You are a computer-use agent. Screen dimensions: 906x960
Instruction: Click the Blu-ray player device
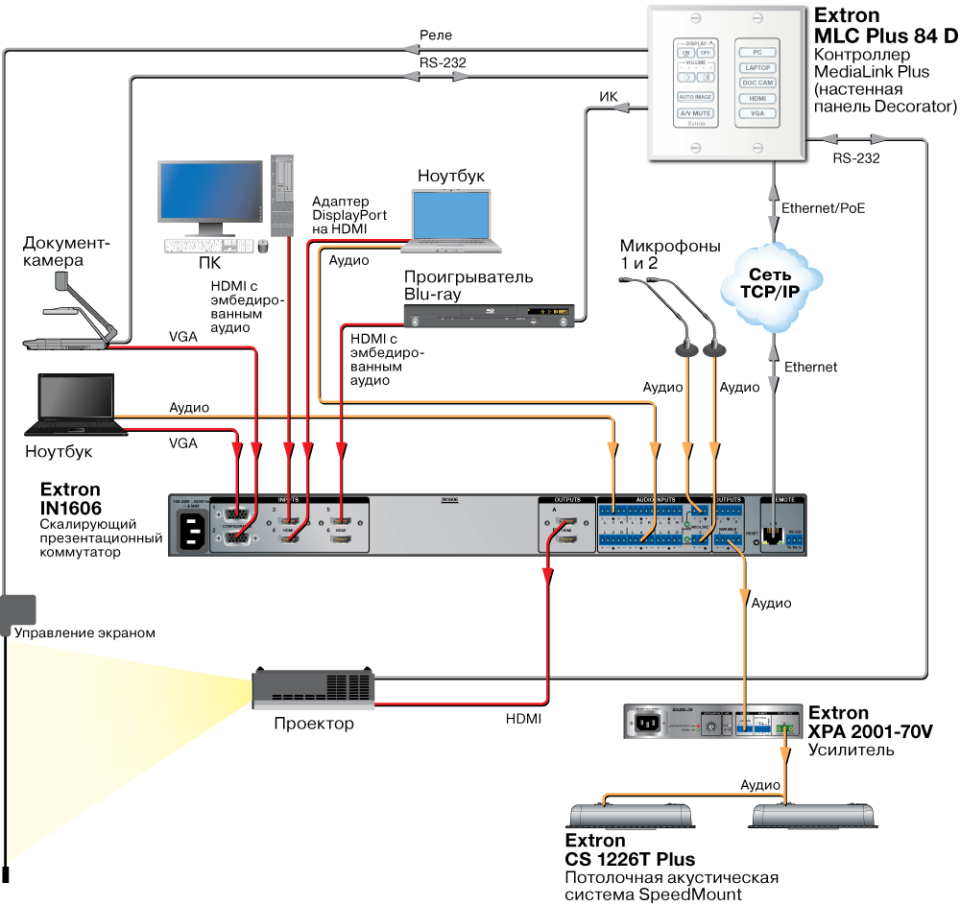490,313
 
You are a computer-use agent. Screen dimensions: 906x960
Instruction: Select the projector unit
312,689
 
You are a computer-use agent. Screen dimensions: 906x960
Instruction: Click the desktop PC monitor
210,197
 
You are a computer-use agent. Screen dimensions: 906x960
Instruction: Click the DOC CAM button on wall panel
757,83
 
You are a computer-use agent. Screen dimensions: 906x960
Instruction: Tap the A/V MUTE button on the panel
694,113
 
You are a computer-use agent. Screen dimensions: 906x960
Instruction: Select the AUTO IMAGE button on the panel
694,97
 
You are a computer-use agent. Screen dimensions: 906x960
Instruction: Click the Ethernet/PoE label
823,207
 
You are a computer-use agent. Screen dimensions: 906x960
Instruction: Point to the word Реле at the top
436,36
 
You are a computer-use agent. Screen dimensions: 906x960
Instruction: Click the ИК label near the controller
608,97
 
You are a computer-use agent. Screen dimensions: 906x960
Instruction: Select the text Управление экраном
84,633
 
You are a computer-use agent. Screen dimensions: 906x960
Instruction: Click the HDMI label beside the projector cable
523,718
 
